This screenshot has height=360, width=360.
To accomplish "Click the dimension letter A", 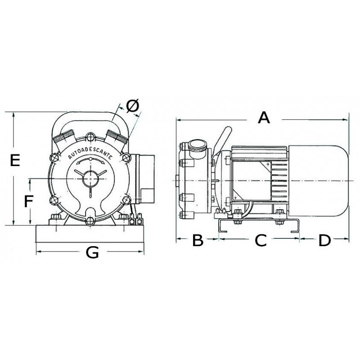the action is (264, 118).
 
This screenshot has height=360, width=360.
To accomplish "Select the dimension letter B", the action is (198, 240).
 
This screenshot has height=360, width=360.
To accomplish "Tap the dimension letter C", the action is (261, 240).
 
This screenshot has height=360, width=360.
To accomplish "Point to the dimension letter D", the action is (324, 240).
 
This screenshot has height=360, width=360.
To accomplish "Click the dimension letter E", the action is (15, 160).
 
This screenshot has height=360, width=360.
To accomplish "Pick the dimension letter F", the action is (29, 201).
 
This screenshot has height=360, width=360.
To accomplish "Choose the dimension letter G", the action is (92, 252).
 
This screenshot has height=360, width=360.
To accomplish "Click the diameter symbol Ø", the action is (133, 106).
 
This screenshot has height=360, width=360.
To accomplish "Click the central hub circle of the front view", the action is (90, 179).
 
